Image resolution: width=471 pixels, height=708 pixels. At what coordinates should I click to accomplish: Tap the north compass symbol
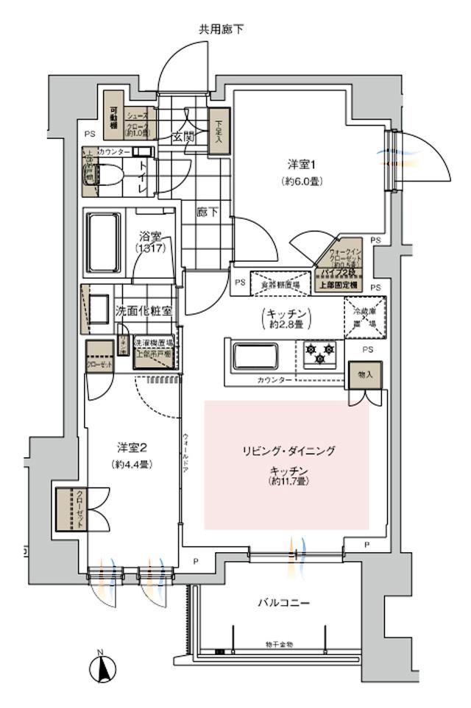point(102,668)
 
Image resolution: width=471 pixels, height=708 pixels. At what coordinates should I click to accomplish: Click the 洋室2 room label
point(132,447)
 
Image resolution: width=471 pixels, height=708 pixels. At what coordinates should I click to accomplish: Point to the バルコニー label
point(283,603)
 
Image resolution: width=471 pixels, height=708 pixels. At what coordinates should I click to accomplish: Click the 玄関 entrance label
point(183,137)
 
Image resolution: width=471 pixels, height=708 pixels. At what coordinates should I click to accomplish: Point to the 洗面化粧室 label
point(144,310)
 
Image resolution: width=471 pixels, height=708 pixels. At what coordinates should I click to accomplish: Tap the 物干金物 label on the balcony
point(279,644)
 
